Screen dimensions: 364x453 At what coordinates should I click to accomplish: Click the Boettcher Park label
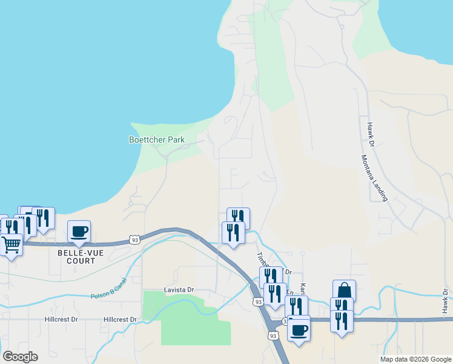pos(156,140)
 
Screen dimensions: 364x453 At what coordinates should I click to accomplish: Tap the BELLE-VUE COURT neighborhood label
pos(77,256)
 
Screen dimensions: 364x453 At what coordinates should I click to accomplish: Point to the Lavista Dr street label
pos(179,290)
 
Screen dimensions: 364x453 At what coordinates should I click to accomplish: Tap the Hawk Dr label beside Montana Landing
pos(371,134)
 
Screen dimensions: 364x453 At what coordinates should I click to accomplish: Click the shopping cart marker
pos(12,244)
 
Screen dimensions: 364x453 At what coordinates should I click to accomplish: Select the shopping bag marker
pos(344,291)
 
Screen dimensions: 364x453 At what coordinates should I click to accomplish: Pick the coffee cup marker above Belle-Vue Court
pos(79,231)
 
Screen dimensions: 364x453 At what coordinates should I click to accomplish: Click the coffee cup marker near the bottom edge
pos(299,330)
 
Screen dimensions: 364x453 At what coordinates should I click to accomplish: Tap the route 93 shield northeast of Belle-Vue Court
pos(134,240)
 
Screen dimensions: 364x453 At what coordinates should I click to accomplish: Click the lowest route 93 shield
pos(273,335)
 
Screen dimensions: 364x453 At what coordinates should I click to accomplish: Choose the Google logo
pos(20,356)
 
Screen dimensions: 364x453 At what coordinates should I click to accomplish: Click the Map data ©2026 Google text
pos(415,359)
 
